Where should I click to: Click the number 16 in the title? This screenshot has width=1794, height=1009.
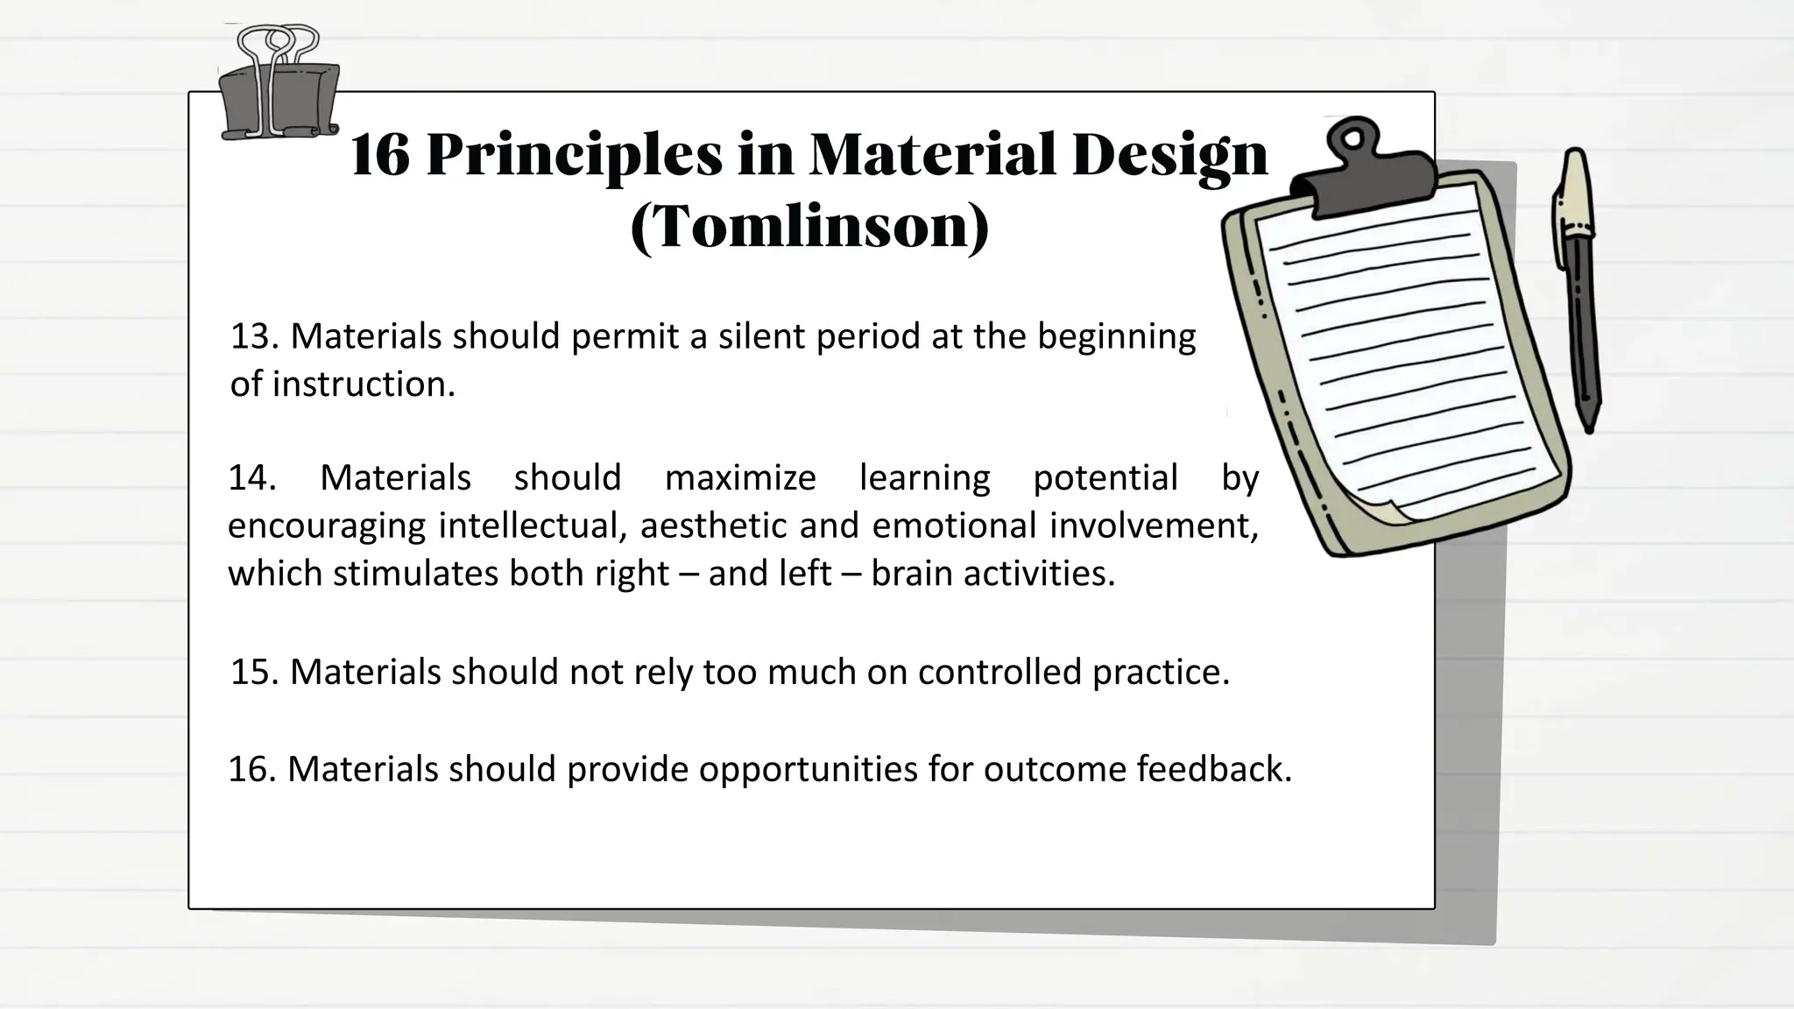pyautogui.click(x=379, y=156)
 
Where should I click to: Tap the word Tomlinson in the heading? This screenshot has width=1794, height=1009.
pyautogui.click(x=809, y=228)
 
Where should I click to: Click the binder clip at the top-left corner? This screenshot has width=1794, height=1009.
pyautogui.click(x=278, y=88)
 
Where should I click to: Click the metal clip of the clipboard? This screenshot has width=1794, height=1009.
pyautogui.click(x=1364, y=171)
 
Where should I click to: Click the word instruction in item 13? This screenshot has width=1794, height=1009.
pyautogui.click(x=364, y=385)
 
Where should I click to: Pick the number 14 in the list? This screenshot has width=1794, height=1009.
pyautogui.click(x=251, y=478)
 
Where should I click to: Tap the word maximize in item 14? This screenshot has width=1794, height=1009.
pyautogui.click(x=740, y=478)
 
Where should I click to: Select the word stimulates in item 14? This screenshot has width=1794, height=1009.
pyautogui.click(x=415, y=574)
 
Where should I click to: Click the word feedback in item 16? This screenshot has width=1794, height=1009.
pyautogui.click(x=1213, y=769)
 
